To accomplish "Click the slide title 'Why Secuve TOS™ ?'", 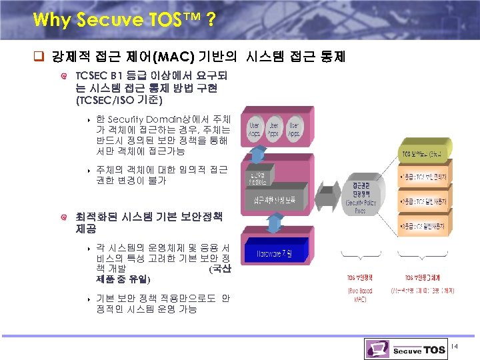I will coord(123,20).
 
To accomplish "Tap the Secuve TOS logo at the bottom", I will coord(414,349).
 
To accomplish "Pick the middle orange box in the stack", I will coord(427,201).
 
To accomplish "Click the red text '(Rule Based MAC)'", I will coord(360,295).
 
